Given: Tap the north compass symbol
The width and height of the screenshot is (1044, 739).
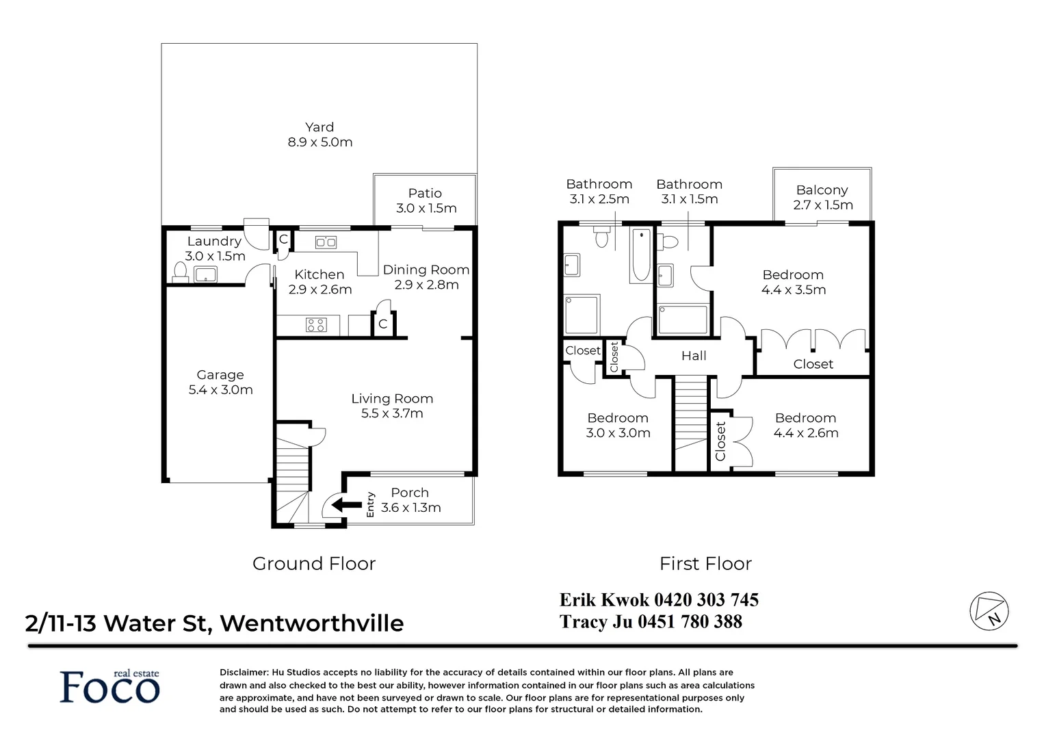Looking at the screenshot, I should pyautogui.click(x=989, y=610).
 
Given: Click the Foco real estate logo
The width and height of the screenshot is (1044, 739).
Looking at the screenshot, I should pyautogui.click(x=109, y=686).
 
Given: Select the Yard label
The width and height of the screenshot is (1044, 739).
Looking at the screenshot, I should pyautogui.click(x=319, y=127).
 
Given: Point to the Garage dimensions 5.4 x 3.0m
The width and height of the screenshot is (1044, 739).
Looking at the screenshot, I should pyautogui.click(x=220, y=390).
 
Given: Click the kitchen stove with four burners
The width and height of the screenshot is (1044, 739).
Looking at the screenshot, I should pyautogui.click(x=316, y=325).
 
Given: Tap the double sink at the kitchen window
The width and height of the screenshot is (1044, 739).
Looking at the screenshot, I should pyautogui.click(x=325, y=242).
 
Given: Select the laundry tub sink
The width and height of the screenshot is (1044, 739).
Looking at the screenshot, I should pyautogui.click(x=205, y=275).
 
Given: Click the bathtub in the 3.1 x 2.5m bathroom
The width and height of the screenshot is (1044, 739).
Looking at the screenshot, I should pyautogui.click(x=641, y=257).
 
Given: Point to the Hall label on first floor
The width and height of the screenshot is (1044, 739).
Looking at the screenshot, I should pyautogui.click(x=694, y=356).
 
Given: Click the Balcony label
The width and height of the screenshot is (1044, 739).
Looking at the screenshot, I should pyautogui.click(x=822, y=190).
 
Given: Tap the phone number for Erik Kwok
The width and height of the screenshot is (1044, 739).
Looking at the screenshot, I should pyautogui.click(x=706, y=600).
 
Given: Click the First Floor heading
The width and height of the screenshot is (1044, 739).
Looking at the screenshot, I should pyautogui.click(x=705, y=564).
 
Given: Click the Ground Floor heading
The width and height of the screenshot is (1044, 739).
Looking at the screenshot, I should pyautogui.click(x=314, y=564).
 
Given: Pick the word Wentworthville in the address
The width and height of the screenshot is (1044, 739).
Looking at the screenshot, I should pyautogui.click(x=312, y=623).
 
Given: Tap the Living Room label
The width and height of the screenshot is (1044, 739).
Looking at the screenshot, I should pyautogui.click(x=392, y=399).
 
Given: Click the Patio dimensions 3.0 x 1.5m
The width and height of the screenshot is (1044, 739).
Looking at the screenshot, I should pyautogui.click(x=426, y=209).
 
